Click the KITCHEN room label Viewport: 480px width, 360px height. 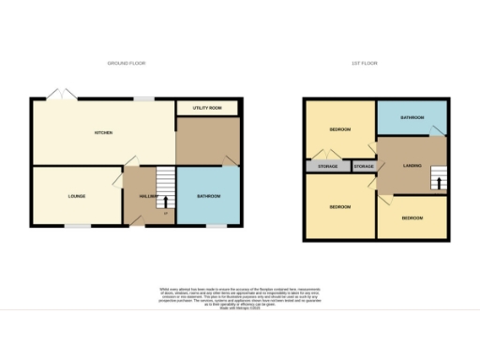[104, 133]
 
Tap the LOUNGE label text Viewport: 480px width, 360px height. [77, 196]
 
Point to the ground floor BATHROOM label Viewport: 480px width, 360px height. [207, 196]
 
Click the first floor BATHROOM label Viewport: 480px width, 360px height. [412, 118]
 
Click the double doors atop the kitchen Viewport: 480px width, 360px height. [64, 95]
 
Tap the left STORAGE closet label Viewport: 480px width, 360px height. [327, 166]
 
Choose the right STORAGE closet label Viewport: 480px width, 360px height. [364, 166]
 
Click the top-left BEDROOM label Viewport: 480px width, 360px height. [338, 129]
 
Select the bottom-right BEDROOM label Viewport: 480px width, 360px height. [412, 217]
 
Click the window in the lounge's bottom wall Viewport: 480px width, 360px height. [77, 226]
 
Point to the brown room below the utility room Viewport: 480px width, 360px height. [207, 142]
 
